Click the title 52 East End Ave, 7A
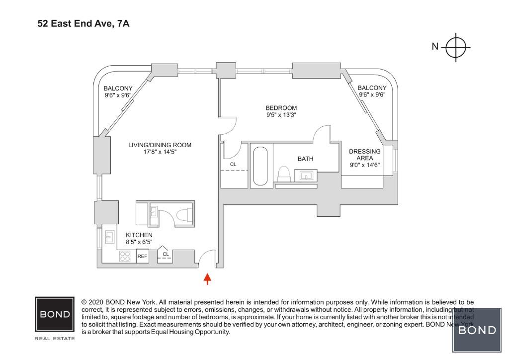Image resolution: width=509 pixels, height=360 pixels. (84, 23)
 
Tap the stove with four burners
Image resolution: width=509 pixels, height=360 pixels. (126, 256)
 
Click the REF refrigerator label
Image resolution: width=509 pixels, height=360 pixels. (142, 257)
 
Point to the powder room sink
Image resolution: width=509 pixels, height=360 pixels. (153, 213)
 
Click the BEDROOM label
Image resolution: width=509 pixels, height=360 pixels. (281, 108)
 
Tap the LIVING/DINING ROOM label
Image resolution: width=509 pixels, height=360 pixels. (160, 145)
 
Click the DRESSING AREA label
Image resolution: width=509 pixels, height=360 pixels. (365, 155)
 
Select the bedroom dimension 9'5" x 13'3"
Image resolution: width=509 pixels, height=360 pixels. (281, 115)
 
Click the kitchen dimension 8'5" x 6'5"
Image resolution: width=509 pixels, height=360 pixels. (139, 242)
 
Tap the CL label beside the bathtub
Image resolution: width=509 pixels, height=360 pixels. (233, 164)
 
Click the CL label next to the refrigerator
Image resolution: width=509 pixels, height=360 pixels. (165, 254)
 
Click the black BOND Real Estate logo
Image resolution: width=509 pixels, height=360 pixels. (55, 315)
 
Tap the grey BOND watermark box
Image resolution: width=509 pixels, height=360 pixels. (477, 330)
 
